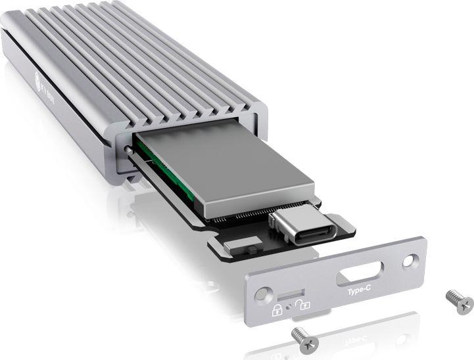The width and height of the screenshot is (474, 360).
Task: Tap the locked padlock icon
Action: point(277,305)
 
